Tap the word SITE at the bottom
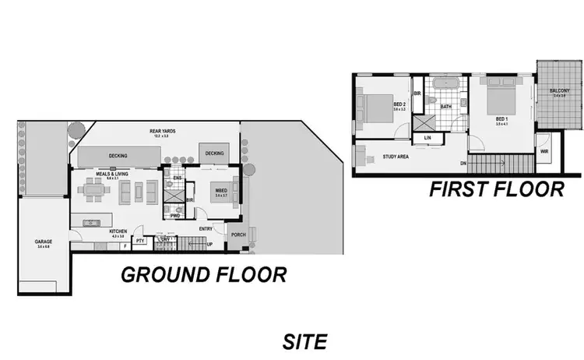pyautogui.click(x=304, y=341)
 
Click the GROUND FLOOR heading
pyautogui.click(x=202, y=275)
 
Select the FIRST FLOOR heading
pyautogui.click(x=496, y=189)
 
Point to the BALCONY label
pyautogui.click(x=559, y=91)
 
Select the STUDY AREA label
pyautogui.click(x=396, y=157)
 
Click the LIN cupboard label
pyautogui.click(x=427, y=138)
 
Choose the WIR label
pyautogui.click(x=544, y=152)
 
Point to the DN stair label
pyautogui.click(x=463, y=163)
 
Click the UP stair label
pyautogui.click(x=210, y=244)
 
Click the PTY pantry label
pyautogui.click(x=140, y=241)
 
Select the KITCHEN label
pyautogui.click(x=118, y=232)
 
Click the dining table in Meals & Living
pyautogui.click(x=96, y=190)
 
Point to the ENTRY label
pyautogui.click(x=206, y=228)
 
